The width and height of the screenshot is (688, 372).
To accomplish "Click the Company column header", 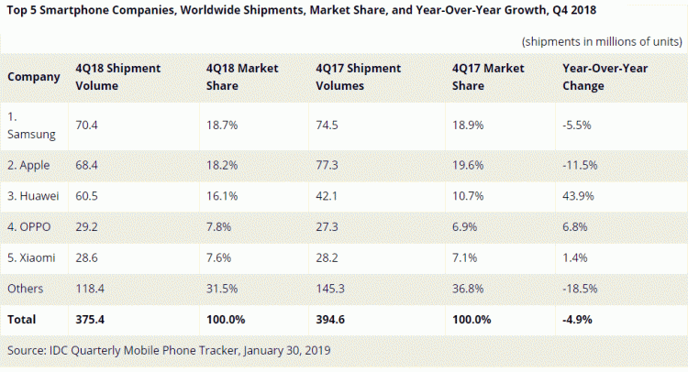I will click(x=34, y=77).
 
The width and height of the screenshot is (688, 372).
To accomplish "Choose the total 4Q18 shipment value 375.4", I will click(x=92, y=321).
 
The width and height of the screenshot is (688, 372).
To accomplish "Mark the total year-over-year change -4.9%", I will click(x=578, y=321).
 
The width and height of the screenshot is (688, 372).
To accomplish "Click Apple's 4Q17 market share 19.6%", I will click(x=469, y=165).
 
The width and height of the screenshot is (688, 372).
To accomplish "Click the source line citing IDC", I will click(x=168, y=350).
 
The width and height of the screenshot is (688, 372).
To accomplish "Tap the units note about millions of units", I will click(x=601, y=42).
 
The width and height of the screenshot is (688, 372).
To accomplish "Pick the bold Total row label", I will click(x=22, y=321).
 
